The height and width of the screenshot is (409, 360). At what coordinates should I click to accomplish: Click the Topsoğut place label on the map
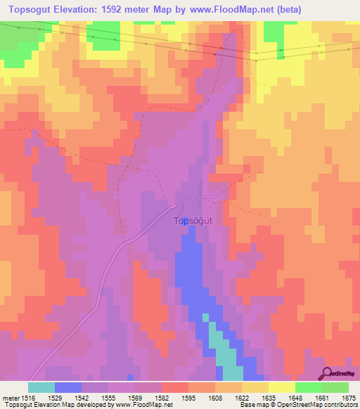pos(193,220)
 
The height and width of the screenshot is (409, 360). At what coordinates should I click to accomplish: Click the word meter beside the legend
pos(10,397)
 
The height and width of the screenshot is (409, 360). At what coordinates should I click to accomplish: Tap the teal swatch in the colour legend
pos(41,387)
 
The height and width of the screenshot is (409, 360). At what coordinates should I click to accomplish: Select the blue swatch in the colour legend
pos(68,387)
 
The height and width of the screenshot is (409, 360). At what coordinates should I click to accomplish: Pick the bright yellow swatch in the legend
pos(281,387)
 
